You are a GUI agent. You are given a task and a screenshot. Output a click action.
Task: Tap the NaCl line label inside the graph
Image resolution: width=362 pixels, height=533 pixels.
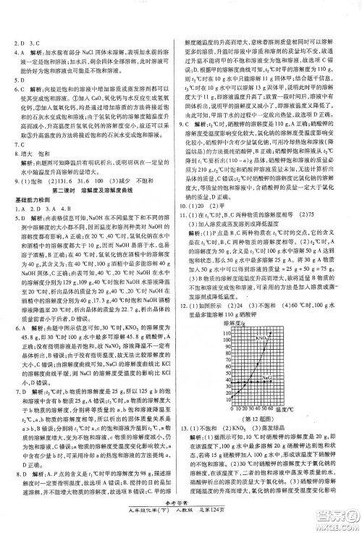pyautogui.click(x=265, y=378)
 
